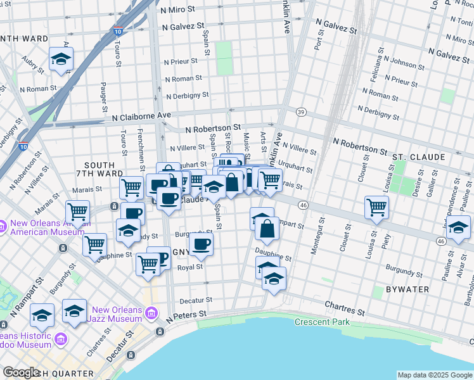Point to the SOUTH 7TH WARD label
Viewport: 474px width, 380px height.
tap(99, 169)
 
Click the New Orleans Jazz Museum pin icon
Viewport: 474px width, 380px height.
tap(152, 313)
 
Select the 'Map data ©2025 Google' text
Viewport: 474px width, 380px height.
tap(434, 375)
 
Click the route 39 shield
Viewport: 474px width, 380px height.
tap(300, 112)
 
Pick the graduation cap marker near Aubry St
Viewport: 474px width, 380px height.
tap(61, 59)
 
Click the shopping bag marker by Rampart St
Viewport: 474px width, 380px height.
tap(267, 229)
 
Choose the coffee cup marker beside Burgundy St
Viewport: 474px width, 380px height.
tap(202, 244)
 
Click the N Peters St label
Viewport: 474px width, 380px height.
tap(186, 314)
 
